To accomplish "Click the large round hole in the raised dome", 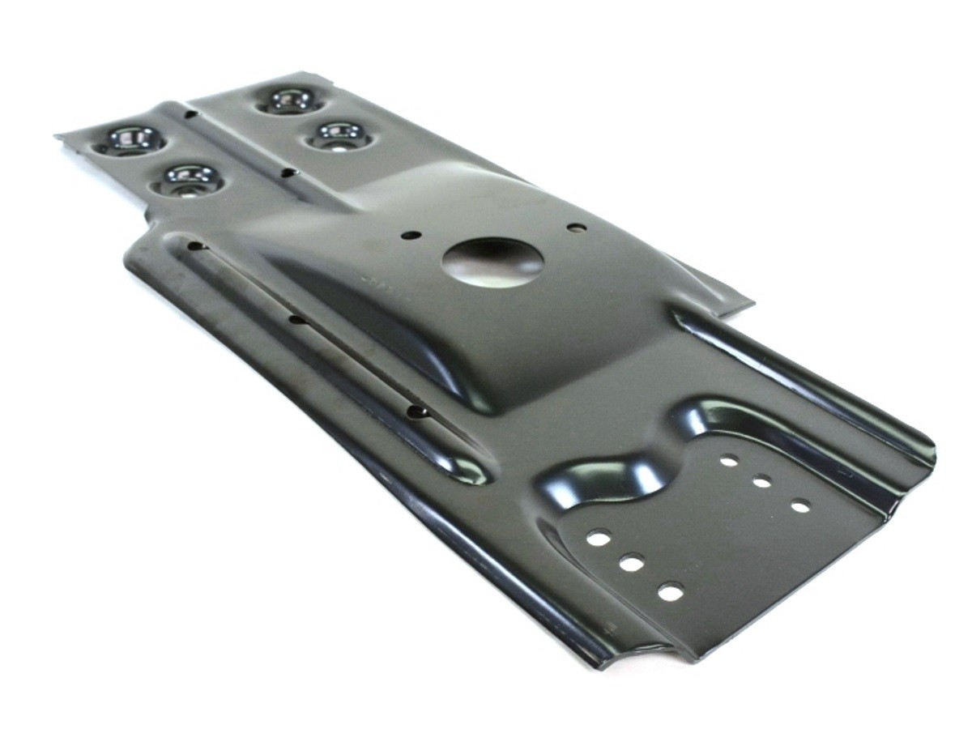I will click(x=492, y=262).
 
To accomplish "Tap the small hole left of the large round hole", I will click(x=411, y=235).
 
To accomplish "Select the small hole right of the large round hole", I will click(x=576, y=228).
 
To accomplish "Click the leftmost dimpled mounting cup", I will click(x=130, y=139).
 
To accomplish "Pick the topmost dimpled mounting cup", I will click(x=292, y=100).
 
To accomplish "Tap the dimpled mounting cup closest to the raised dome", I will click(x=339, y=134).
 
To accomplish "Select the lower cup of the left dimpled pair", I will click(x=188, y=178).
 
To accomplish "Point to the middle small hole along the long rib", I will click(x=297, y=321).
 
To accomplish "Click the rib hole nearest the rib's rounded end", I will click(x=416, y=411).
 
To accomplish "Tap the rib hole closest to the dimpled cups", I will click(x=195, y=244).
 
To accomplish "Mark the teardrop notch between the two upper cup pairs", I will click(x=190, y=114).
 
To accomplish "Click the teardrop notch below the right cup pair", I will click(x=288, y=172).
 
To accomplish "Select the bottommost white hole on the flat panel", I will click(x=670, y=592).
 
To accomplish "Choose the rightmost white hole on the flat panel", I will click(x=800, y=506).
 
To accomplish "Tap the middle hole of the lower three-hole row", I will click(x=632, y=562).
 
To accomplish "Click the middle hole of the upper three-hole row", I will click(x=761, y=482).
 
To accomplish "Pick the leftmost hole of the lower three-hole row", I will click(x=599, y=537).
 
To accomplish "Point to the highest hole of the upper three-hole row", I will click(x=729, y=461).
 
